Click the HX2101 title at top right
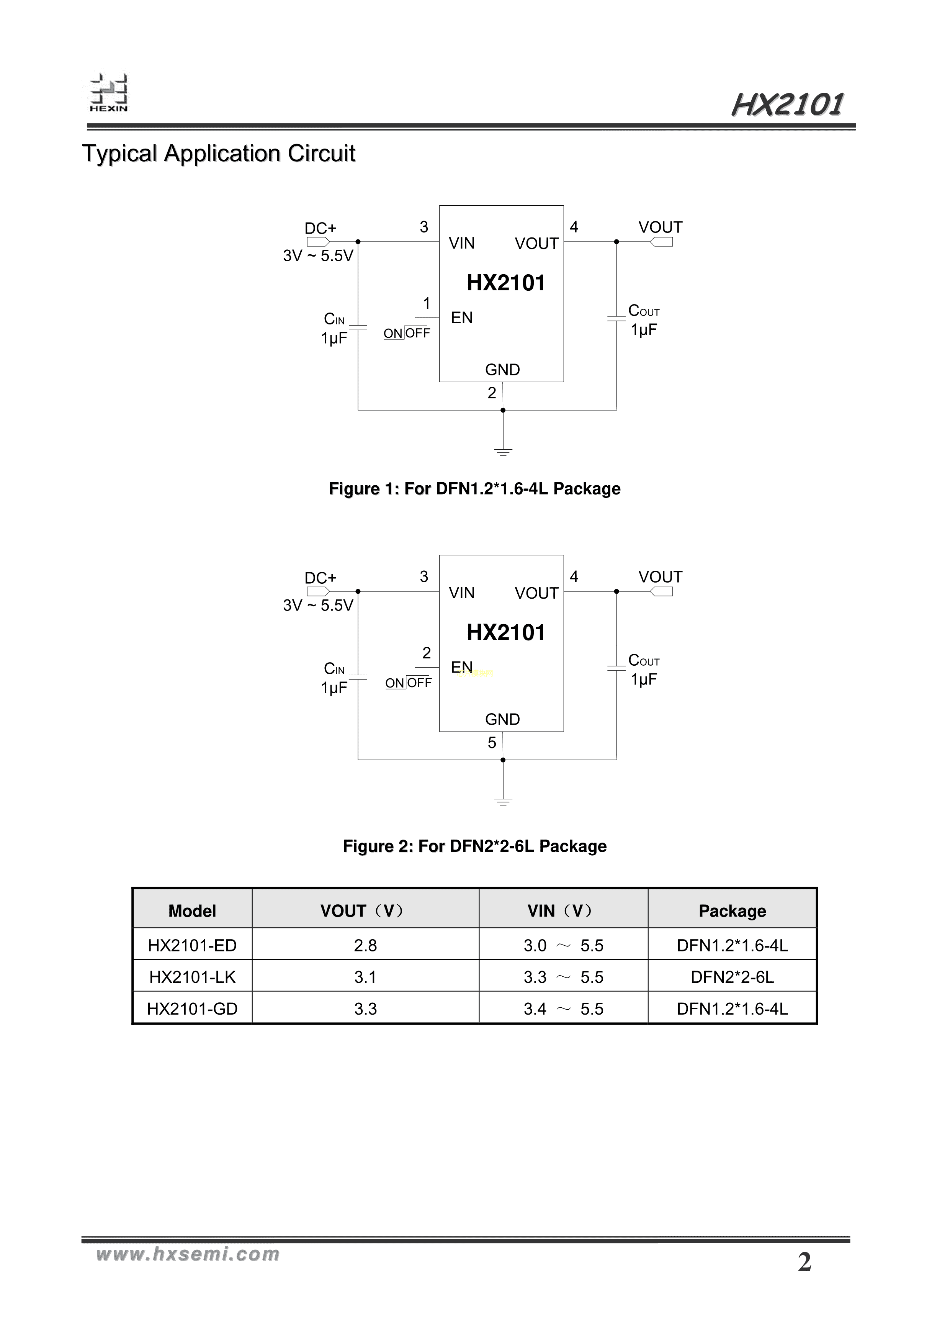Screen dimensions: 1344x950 (787, 105)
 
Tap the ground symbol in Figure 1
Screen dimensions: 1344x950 (503, 451)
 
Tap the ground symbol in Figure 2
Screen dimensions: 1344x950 (503, 801)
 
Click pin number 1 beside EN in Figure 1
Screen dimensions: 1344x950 (427, 303)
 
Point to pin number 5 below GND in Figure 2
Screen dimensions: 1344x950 (492, 743)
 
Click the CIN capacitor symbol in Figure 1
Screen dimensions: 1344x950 (358, 327)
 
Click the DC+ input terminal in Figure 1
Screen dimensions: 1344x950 (318, 241)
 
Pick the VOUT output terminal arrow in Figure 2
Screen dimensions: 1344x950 (661, 591)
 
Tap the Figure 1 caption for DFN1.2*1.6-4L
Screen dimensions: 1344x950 (475, 489)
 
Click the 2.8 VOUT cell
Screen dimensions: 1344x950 (365, 945)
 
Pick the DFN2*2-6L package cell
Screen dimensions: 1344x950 (732, 977)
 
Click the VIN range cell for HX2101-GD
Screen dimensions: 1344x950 (563, 1008)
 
